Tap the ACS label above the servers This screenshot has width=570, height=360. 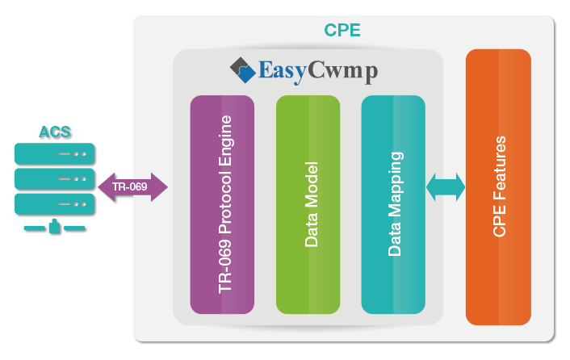pyautogui.click(x=55, y=132)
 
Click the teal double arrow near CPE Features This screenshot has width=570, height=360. pyautogui.click(x=446, y=187)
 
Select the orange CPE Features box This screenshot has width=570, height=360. pyautogui.click(x=498, y=186)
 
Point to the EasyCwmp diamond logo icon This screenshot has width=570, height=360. pyautogui.click(x=242, y=70)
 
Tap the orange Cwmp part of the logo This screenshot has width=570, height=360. pyautogui.click(x=342, y=71)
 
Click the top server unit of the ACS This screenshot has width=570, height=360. pyautogui.click(x=55, y=153)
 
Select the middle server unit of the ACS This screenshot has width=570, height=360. pyautogui.click(x=55, y=178)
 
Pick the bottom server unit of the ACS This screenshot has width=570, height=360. pyautogui.click(x=55, y=202)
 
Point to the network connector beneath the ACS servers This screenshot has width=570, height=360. pyautogui.click(x=55, y=227)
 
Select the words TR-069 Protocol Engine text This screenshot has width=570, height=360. pyautogui.click(x=225, y=204)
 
